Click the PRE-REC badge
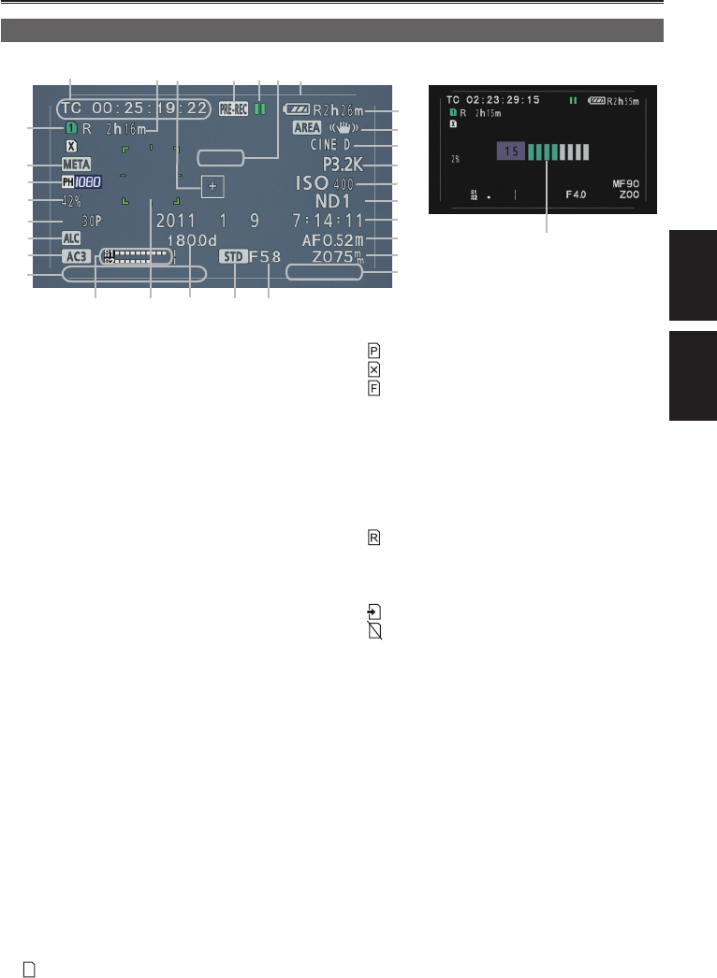tap(232, 108)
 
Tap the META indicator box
tap(77, 165)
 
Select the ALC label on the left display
tap(71, 238)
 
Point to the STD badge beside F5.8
tap(233, 255)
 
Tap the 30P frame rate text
tap(92, 221)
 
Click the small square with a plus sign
tap(212, 187)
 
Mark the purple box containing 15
tap(510, 151)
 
